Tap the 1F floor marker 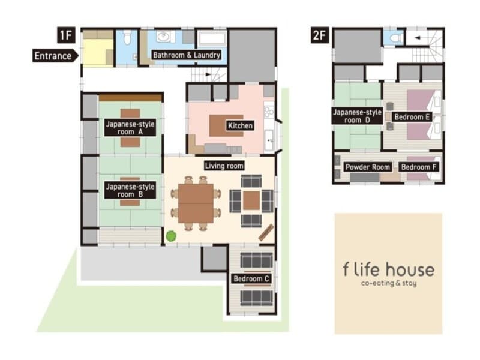(66, 35)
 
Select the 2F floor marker (320, 35)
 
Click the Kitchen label (241, 125)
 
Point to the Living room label (224, 166)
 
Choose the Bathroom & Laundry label (187, 55)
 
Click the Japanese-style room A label (130, 128)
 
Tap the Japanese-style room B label (130, 190)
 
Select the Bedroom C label (251, 278)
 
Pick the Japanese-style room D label (357, 116)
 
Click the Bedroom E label (412, 117)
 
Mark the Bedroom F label (418, 167)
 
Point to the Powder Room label (368, 167)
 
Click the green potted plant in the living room (171, 236)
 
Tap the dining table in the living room (196, 203)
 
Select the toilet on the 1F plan (127, 38)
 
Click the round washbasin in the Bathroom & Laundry (163, 37)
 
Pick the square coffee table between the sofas (251, 201)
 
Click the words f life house (389, 269)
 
